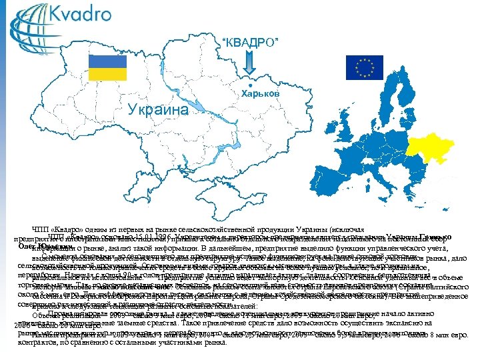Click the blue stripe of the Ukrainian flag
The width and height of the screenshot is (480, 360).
coord(108,62)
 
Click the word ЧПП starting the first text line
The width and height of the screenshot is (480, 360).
coord(40,227)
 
